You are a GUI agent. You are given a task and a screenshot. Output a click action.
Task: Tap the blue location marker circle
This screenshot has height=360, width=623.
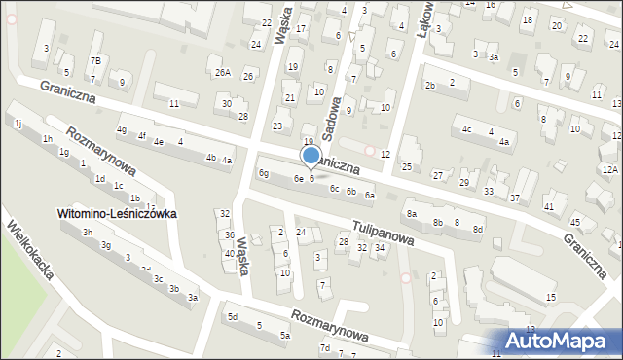click(x=311, y=155)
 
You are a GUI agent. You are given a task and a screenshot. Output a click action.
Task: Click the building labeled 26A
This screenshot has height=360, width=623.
click(x=223, y=72)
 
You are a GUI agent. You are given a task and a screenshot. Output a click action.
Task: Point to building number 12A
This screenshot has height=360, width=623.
click(x=609, y=170)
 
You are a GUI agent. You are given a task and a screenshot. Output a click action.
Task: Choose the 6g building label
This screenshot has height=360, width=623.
click(x=264, y=173)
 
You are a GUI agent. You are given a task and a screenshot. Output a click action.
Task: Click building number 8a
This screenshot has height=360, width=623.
click(x=412, y=214)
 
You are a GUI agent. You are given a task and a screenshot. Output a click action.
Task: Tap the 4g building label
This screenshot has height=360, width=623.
click(x=122, y=129)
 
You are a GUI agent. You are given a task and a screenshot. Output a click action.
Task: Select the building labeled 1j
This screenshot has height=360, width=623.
click(x=18, y=124)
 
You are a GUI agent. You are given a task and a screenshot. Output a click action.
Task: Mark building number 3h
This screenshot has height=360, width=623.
click(x=87, y=233)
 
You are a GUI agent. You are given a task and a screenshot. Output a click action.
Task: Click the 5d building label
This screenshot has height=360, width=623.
click(x=232, y=317)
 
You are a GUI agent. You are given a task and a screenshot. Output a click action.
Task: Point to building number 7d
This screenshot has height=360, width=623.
click(x=324, y=348)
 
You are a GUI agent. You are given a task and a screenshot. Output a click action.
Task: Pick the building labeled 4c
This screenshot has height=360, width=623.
click(x=466, y=129)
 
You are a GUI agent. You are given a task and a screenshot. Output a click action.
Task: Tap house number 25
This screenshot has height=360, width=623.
click(x=407, y=167)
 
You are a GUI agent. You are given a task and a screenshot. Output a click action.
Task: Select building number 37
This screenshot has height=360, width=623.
click(x=514, y=198)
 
